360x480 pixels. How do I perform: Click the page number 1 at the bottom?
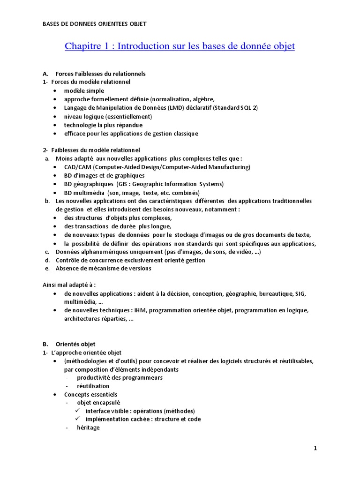tap(315, 449)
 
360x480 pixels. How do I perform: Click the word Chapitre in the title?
tap(82, 46)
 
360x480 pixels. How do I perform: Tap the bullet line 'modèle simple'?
tap(84, 90)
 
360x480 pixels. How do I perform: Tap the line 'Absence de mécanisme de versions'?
tap(103, 269)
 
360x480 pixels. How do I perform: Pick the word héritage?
tap(88, 428)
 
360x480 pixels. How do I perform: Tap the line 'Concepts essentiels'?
tap(90, 395)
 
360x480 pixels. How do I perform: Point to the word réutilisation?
tap(93, 386)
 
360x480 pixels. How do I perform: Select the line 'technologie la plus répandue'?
tap(103, 125)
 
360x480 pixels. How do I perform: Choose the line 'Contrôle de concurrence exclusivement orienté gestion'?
tap(130, 260)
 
